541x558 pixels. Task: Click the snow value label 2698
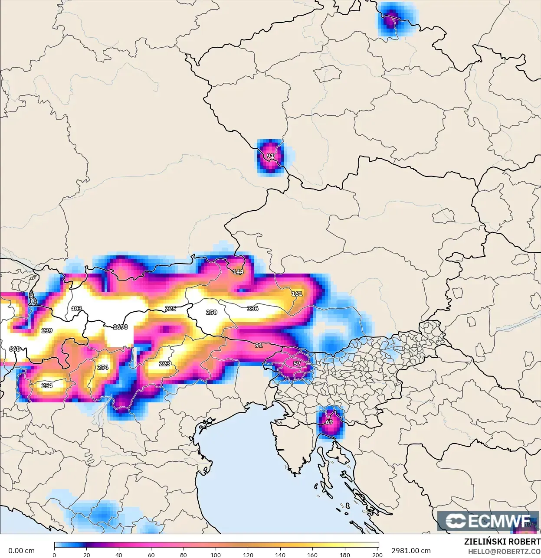coord(120,327)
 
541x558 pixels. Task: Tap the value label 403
coord(76,309)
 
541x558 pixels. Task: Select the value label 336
coord(252,309)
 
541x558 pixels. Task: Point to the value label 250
coord(211,312)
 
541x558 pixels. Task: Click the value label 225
coord(170,309)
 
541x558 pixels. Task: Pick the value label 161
coord(297,294)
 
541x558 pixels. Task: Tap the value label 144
coord(238,272)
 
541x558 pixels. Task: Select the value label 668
coord(14,349)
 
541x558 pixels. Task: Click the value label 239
coord(47,331)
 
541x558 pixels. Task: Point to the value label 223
coord(164,364)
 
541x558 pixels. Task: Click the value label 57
coord(297,364)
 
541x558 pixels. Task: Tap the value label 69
coord(329,422)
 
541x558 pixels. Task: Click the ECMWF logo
coord(488,521)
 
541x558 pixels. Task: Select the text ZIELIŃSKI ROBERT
coord(502,542)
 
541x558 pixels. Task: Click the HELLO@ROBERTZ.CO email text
coord(504,551)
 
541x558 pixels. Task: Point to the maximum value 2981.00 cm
coord(411,551)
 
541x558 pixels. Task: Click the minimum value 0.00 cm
coord(21,551)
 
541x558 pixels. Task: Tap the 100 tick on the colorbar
coord(216,555)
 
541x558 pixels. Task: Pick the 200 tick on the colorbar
coord(377,555)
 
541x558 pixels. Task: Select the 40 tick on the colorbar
coord(119,555)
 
